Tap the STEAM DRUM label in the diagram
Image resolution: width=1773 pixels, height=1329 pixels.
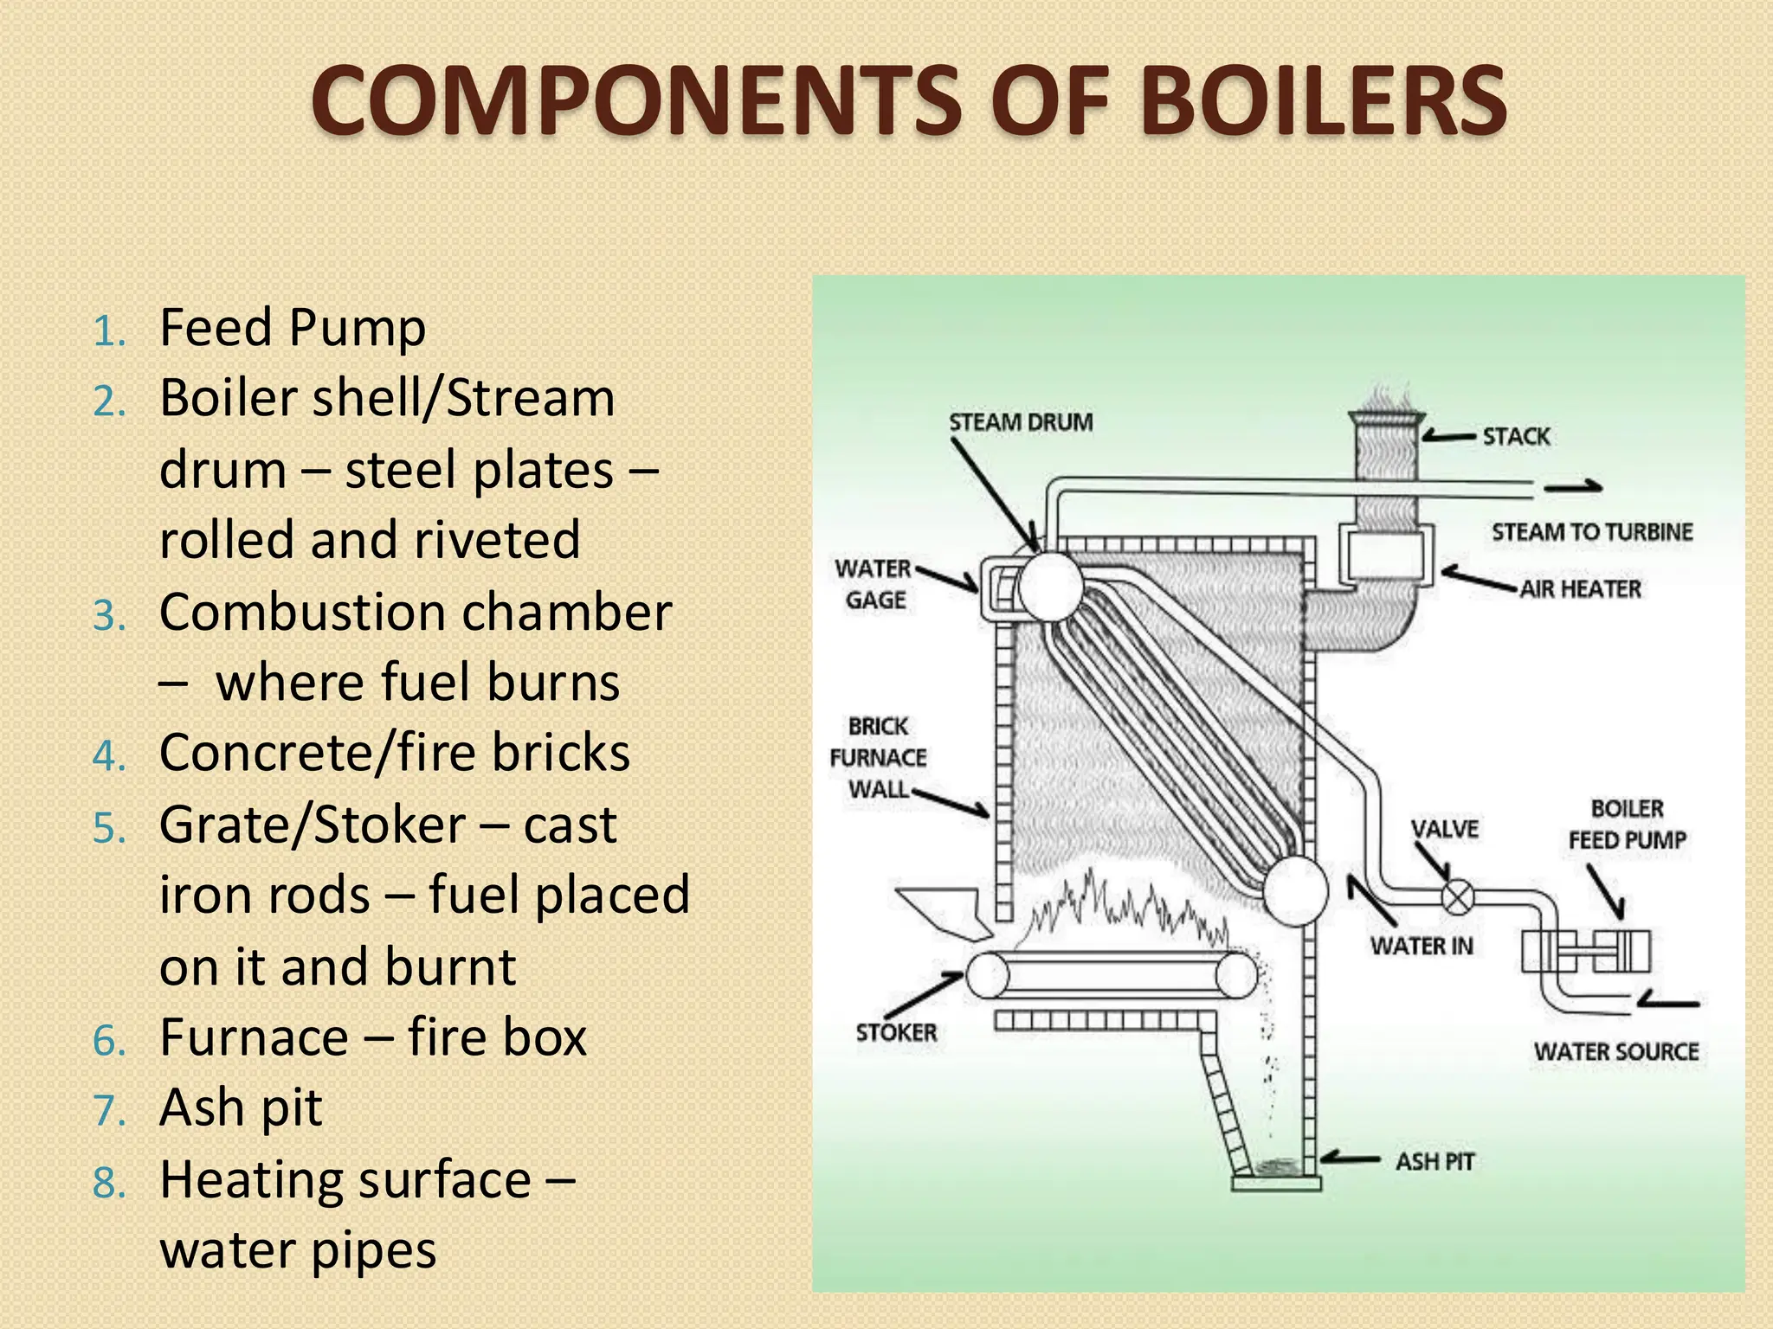[1021, 422]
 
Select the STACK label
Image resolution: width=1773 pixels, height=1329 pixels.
[1516, 436]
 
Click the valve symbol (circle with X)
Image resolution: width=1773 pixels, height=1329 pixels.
[1457, 896]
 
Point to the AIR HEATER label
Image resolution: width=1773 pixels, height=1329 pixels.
[1580, 589]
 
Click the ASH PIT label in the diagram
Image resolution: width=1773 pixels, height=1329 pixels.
[1435, 1161]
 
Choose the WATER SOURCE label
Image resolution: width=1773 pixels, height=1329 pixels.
[1616, 1051]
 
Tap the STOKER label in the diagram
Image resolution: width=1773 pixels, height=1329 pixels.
[896, 1032]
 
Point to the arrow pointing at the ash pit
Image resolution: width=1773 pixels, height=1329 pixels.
[1350, 1159]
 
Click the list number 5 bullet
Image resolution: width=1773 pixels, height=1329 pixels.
[109, 828]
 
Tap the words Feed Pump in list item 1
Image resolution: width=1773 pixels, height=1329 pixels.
[293, 328]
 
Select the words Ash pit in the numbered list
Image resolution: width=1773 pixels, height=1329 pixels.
[241, 1107]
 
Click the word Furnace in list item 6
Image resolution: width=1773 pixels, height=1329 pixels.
[253, 1037]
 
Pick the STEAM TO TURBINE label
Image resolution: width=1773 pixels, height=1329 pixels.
[1591, 531]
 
